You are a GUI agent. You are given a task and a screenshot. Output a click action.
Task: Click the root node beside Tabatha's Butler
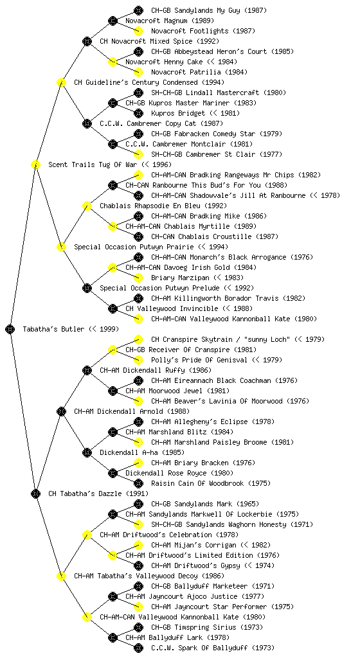pyautogui.click(x=10, y=330)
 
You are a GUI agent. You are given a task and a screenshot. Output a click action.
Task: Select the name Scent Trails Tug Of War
pyautogui.click(x=93, y=164)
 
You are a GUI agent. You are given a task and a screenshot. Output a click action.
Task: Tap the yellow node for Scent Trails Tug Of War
pyautogui.click(x=35, y=164)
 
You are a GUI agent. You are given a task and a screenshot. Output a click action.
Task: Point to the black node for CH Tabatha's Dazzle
pyautogui.click(x=35, y=493)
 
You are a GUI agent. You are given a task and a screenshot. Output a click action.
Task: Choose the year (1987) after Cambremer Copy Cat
pyautogui.click(x=212, y=123)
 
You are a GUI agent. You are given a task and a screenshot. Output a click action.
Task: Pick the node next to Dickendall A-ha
pyautogui.click(x=87, y=452)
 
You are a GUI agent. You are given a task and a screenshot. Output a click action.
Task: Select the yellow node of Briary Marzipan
pyautogui.click(x=138, y=278)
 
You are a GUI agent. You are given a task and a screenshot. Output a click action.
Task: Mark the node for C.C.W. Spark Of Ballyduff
pyautogui.click(x=138, y=648)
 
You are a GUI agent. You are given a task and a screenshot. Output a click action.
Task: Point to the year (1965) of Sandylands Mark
pyautogui.click(x=248, y=504)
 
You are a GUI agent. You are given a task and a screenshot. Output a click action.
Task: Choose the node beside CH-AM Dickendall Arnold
pyautogui.click(x=61, y=411)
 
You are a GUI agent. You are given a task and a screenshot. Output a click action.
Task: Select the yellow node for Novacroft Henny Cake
pyautogui.click(x=113, y=62)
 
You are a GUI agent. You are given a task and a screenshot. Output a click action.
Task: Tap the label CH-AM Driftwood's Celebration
pyautogui.click(x=156, y=535)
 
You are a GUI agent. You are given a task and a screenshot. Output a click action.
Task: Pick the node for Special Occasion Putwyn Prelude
pyautogui.click(x=87, y=288)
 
